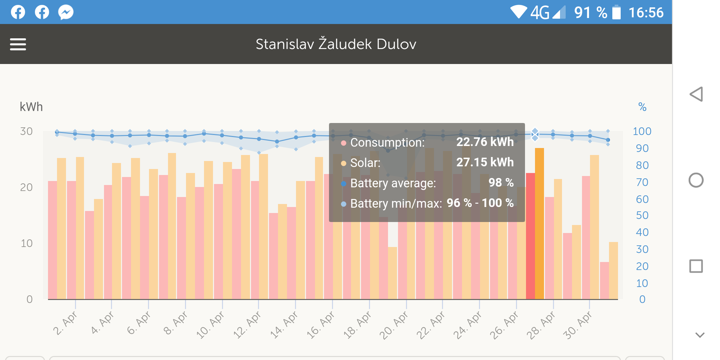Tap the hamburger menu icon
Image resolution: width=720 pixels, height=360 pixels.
point(18,44)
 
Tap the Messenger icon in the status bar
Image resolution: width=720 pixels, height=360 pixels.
point(66,12)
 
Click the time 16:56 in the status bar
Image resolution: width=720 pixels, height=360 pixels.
point(646,13)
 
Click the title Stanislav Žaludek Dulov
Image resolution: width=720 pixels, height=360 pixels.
point(336,44)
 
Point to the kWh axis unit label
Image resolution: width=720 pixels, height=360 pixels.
point(31,107)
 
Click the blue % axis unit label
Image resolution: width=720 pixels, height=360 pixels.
point(642,107)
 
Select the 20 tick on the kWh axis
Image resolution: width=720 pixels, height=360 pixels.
point(26,187)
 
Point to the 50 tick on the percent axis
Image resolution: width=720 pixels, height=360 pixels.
point(642,215)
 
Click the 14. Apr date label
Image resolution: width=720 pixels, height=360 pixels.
point(284,325)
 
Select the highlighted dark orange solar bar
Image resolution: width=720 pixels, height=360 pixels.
point(539,223)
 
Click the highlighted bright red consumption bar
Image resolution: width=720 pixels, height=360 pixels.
point(530,236)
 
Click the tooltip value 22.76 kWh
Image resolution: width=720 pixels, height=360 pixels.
point(485,142)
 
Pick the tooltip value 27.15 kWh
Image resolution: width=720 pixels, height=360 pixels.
point(485,162)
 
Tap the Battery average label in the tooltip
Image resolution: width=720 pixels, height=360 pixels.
point(393,183)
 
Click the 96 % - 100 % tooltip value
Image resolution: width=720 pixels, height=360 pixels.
point(480,203)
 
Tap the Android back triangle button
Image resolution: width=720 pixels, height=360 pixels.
point(696,94)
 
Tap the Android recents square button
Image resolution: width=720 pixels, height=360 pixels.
point(696,266)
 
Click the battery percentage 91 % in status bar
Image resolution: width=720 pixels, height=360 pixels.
point(590,13)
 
